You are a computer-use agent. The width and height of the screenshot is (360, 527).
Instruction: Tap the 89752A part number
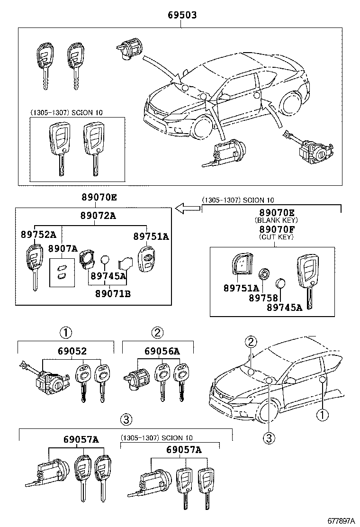click(38, 235)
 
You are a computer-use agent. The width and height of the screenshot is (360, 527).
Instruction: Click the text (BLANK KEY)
click(276, 220)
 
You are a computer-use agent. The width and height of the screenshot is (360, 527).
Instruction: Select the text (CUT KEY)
click(276, 236)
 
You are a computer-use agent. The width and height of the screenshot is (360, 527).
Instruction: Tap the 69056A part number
click(162, 351)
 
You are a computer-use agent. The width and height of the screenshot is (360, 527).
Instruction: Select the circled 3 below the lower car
click(269, 438)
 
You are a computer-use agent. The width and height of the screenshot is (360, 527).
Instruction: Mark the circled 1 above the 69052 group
click(65, 332)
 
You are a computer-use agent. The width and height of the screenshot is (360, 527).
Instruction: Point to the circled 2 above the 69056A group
click(157, 332)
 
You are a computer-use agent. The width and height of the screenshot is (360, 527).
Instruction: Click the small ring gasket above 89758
click(264, 274)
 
